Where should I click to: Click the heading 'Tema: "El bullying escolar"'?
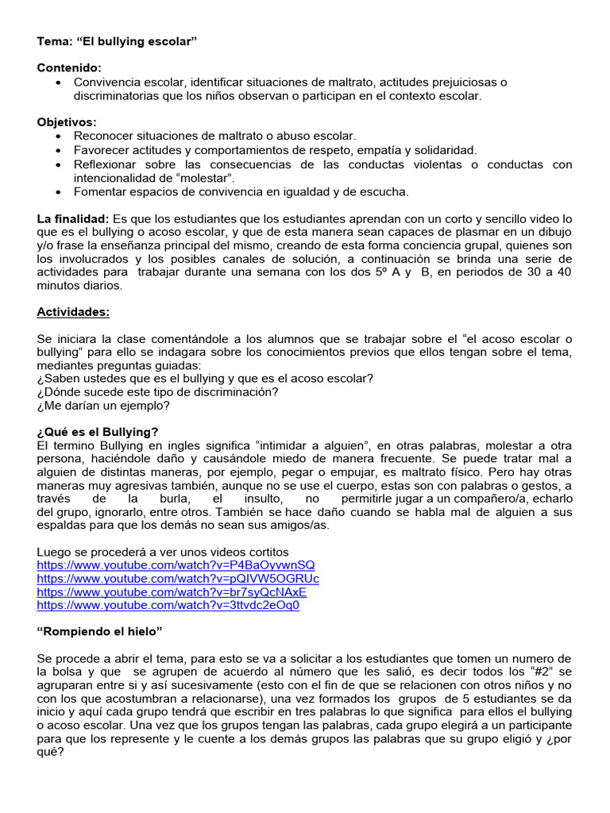tap(117, 40)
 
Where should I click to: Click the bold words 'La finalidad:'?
tap(73, 218)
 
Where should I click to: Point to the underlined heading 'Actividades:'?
tap(73, 312)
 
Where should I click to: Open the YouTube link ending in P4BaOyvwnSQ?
tap(176, 564)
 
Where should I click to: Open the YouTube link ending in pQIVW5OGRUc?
tap(178, 578)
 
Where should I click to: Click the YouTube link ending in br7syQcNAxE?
tap(172, 591)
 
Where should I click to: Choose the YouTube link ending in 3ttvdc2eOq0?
tap(168, 605)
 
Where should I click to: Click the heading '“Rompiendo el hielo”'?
tap(99, 632)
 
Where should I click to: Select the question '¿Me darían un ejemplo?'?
tap(103, 405)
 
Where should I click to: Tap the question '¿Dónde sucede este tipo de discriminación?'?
tap(157, 392)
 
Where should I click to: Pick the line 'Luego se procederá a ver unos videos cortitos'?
tap(163, 551)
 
